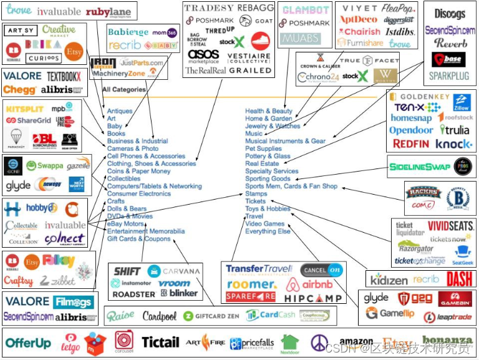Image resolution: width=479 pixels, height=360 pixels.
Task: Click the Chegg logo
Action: click(19, 89)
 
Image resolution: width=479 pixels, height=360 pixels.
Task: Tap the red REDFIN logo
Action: click(411, 144)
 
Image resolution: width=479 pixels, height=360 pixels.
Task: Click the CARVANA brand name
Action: click(181, 271)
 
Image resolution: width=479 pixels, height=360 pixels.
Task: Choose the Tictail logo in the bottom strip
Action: click(160, 342)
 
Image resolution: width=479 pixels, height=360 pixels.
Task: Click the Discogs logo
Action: click(449, 13)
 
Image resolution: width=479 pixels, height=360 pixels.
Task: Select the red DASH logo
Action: click(459, 278)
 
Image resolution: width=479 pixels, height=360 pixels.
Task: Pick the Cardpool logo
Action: click(160, 316)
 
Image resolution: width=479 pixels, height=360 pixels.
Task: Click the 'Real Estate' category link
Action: click(262, 163)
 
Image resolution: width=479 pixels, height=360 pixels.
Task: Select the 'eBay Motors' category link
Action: click(125, 223)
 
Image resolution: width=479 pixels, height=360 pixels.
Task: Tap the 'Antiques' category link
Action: click(120, 111)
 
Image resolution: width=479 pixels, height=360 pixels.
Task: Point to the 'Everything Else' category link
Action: click(268, 231)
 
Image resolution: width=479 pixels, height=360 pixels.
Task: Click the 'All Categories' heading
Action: click(124, 89)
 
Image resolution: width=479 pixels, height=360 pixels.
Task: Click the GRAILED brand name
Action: click(249, 71)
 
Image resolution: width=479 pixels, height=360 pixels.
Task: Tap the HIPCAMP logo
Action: click(313, 299)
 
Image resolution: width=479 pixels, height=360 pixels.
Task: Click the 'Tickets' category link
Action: click(255, 201)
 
